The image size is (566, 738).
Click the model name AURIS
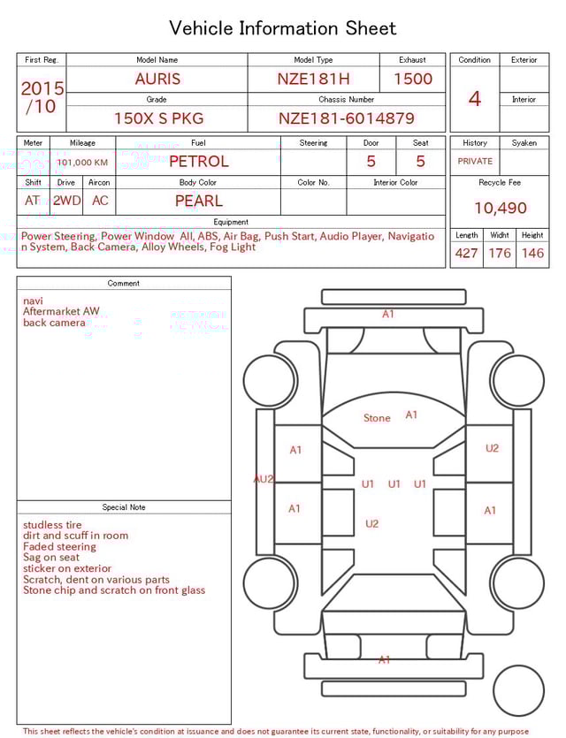click(157, 79)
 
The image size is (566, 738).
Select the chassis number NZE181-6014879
click(346, 118)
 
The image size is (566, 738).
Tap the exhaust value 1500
click(413, 79)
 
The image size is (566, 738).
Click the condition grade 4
click(474, 98)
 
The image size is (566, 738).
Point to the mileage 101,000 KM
click(82, 163)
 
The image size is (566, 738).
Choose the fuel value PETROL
click(198, 161)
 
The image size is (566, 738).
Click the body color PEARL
click(198, 201)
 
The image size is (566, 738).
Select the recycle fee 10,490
click(500, 208)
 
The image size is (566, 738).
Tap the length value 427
click(466, 254)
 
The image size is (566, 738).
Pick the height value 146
click(532, 254)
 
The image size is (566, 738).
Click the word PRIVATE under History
click(475, 162)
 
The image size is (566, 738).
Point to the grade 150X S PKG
click(157, 118)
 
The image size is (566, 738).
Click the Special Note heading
click(124, 507)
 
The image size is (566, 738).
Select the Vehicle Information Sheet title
click(283, 28)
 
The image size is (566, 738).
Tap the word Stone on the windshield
click(377, 418)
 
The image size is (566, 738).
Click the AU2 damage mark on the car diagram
click(264, 479)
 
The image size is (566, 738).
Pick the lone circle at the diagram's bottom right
click(518, 691)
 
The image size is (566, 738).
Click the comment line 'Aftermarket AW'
click(61, 312)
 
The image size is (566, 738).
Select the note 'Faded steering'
click(59, 547)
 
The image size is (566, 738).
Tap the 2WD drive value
click(66, 201)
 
